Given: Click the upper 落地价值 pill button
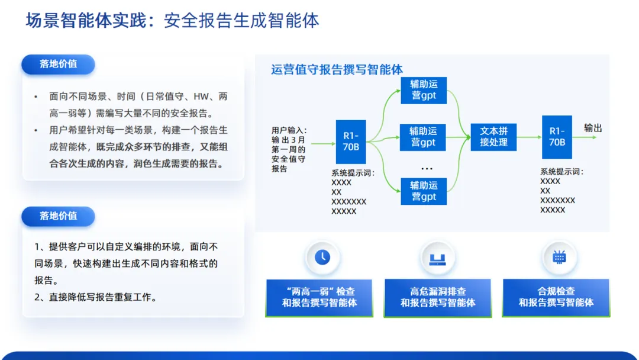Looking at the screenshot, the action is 58,65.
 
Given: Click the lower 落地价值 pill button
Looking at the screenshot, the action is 58,216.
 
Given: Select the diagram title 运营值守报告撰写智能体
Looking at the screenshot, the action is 337,70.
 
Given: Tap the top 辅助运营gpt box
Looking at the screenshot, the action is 424,90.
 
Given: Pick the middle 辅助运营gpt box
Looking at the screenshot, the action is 423,137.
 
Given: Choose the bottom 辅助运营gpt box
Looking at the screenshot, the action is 424,191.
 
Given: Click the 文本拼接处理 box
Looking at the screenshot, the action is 493,137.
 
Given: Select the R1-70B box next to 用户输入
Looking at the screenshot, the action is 350,142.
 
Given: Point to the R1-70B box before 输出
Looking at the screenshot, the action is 557,137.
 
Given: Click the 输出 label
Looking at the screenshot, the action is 593,128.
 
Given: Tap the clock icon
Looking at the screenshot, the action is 322,257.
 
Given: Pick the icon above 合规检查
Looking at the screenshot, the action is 559,257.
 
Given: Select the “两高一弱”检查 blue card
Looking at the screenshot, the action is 319,298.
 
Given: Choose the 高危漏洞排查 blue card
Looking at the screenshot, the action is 438,298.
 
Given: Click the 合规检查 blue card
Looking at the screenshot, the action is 556,298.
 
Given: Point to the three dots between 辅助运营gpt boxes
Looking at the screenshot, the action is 427,168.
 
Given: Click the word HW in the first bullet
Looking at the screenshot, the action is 201,97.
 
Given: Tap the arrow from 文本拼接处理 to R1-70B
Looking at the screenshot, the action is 529,137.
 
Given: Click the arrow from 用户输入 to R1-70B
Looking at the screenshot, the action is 323,143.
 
